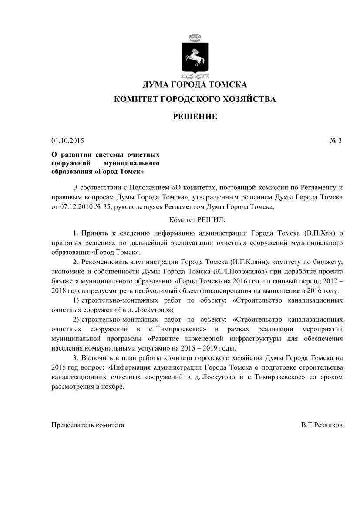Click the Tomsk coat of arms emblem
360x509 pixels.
195,57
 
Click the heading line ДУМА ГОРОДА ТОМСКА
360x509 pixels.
195,84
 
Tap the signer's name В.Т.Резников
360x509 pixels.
321,425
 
